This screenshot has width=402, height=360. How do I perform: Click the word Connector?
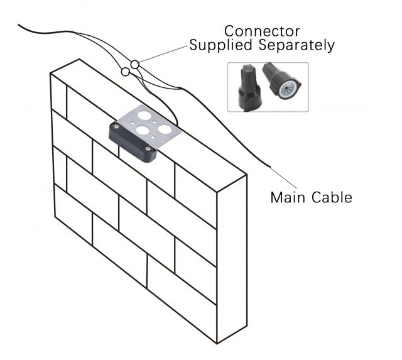tap(262, 31)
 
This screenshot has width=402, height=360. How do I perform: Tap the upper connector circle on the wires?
tap(136, 63)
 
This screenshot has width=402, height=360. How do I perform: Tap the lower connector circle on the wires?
tap(126, 72)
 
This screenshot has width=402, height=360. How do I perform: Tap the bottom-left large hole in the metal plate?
tap(143, 131)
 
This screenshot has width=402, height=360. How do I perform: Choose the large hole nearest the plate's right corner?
tap(165, 129)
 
